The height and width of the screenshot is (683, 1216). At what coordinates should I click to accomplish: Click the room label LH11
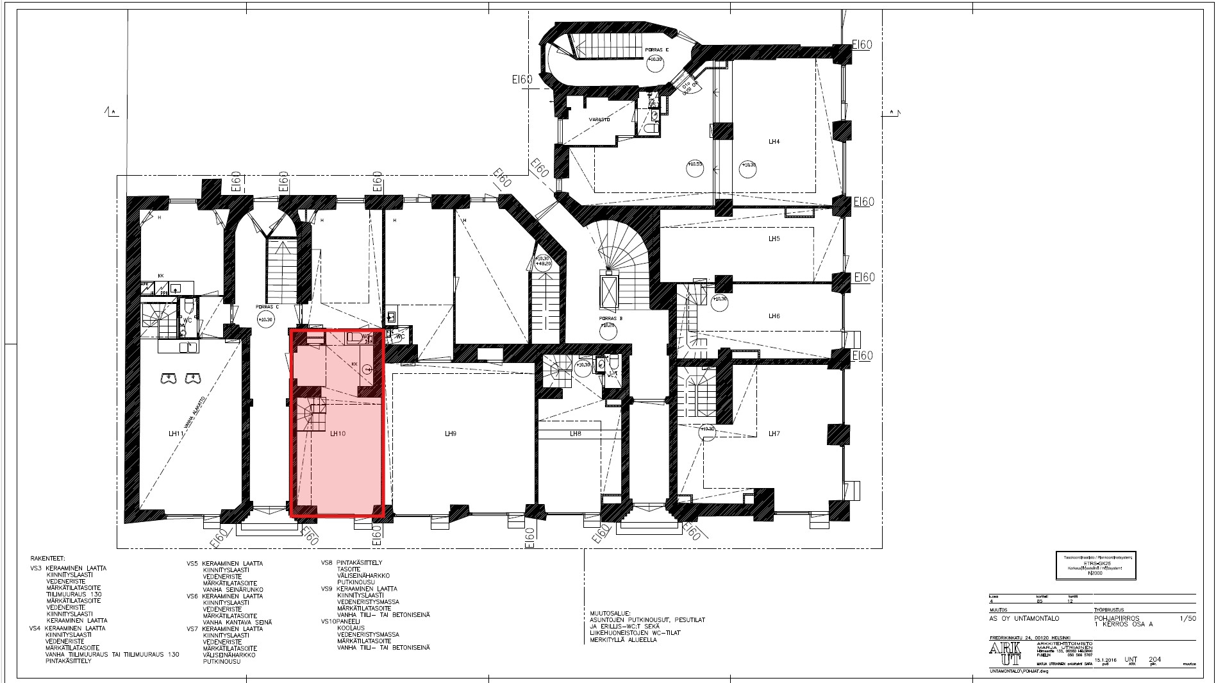[x=176, y=434]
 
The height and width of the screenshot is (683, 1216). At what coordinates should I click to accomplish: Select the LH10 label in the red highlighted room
[x=338, y=434]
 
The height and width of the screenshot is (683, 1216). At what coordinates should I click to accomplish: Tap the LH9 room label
[x=450, y=434]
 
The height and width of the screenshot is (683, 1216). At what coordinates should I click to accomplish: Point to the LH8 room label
[x=575, y=434]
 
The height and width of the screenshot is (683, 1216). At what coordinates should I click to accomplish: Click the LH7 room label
[x=774, y=434]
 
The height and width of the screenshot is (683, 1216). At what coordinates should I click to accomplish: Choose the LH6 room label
[x=774, y=316]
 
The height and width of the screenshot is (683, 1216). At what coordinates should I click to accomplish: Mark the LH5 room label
[x=774, y=239]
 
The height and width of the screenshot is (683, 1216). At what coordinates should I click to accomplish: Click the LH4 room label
[x=774, y=142]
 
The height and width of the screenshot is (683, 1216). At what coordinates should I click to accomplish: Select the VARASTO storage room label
[x=599, y=119]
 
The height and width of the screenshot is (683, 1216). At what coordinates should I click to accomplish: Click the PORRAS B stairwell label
[x=608, y=318]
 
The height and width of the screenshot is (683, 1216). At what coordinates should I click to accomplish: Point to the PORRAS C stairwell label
[x=267, y=307]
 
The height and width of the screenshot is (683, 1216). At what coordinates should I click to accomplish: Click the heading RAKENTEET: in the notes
[x=48, y=559]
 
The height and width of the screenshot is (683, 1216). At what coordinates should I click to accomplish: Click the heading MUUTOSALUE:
[x=610, y=613]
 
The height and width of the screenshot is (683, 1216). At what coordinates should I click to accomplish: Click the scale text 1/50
[x=1188, y=619]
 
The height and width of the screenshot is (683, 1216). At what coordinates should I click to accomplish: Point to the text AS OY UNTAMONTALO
[x=1024, y=619]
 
